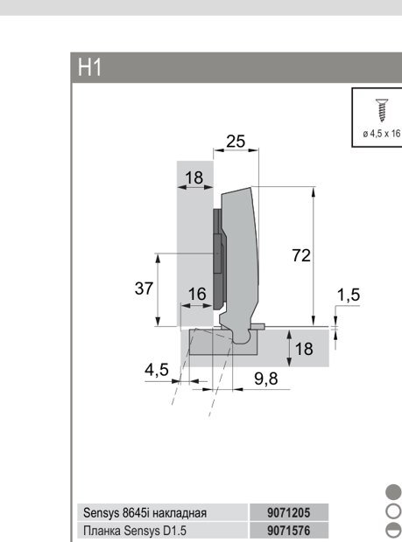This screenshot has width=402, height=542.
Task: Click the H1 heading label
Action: coord(89,67)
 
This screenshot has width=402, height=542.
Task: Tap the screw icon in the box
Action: coord(382,110)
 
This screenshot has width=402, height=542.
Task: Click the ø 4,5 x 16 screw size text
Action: coord(382,134)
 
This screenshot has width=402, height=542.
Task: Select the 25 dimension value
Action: coord(236,142)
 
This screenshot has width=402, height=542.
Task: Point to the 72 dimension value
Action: coord(301,256)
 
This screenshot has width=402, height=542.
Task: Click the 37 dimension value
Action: coord(144,288)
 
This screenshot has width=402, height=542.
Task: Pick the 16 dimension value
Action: coord(197,294)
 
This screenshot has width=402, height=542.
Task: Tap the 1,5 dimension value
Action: coord(349,295)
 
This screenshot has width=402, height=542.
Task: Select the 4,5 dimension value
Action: coord(157,370)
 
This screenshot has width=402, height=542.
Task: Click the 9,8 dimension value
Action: coord(266,379)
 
